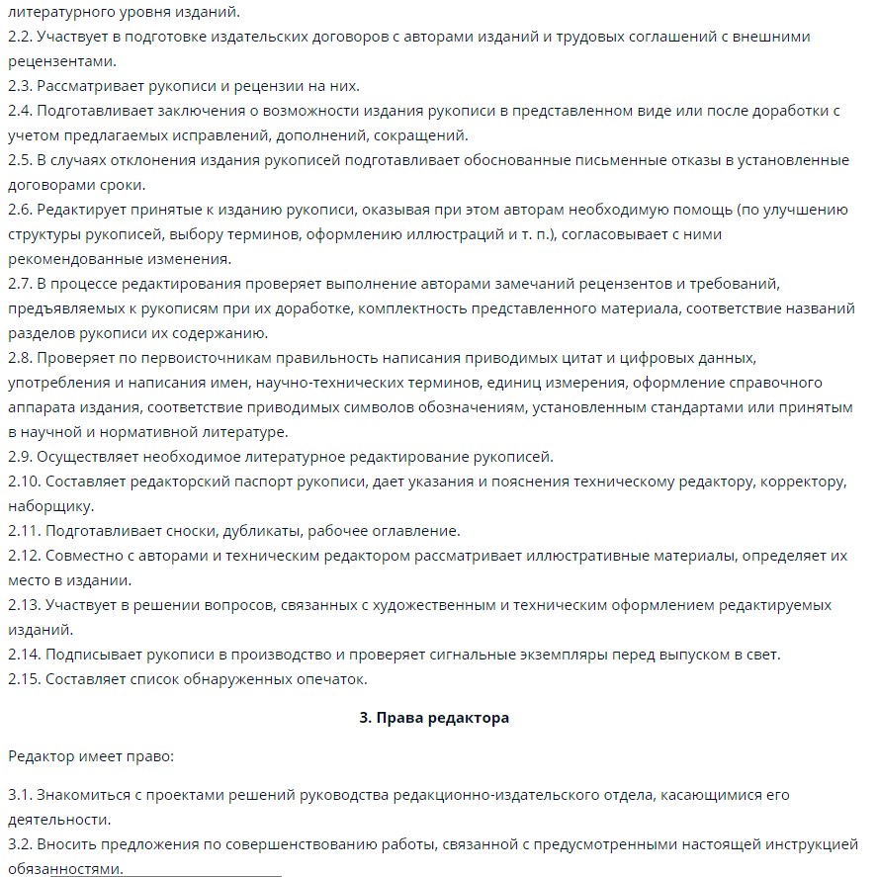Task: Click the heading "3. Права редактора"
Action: [x=434, y=718]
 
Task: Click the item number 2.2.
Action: [x=20, y=37]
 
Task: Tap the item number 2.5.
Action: [x=20, y=160]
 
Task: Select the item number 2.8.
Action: [x=20, y=357]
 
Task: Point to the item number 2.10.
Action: [x=24, y=482]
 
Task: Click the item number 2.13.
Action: [x=24, y=604]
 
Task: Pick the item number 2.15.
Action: [x=24, y=678]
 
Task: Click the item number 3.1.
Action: [x=20, y=795]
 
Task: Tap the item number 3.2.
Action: [x=20, y=844]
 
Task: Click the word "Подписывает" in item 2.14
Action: [x=94, y=655]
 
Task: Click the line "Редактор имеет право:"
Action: [x=90, y=756]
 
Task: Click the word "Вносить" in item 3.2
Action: [x=66, y=844]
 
